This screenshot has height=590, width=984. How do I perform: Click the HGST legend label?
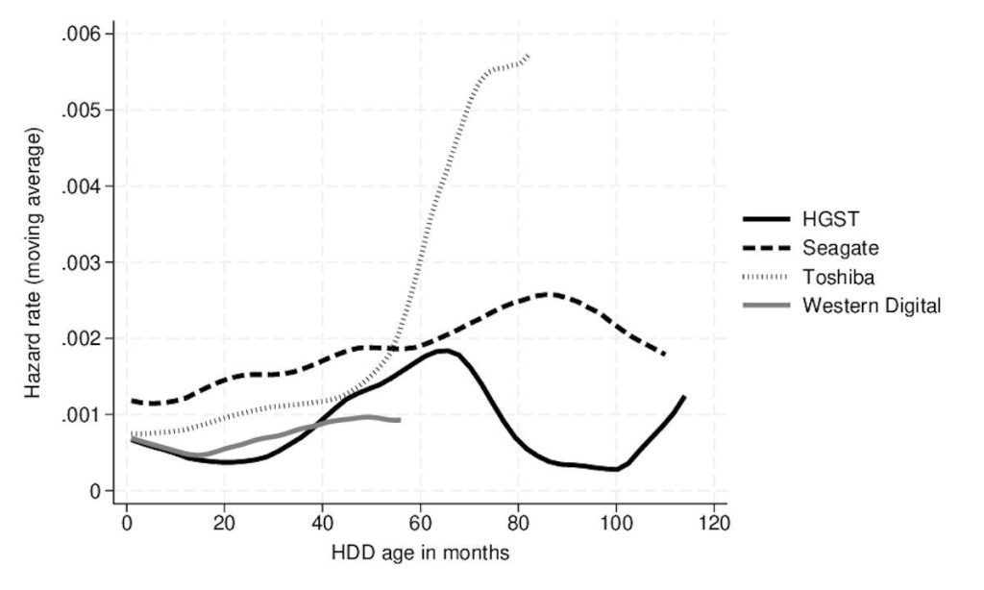(830, 219)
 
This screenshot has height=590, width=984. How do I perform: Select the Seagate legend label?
(840, 248)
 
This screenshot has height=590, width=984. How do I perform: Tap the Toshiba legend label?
(838, 277)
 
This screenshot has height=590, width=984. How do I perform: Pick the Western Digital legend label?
(872, 306)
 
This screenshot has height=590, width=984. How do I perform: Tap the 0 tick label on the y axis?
(95, 491)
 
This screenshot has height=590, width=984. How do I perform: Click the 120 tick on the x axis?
(714, 522)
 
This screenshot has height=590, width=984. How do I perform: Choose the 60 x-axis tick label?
(420, 522)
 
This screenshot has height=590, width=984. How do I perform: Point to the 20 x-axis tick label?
(224, 522)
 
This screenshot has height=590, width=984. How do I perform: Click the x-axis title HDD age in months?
(420, 553)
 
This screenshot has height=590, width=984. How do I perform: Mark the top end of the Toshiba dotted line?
(529, 55)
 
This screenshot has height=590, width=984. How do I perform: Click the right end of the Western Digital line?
(399, 420)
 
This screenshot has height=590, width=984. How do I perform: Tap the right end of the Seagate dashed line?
(665, 355)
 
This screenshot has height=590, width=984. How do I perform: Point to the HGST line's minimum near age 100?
(616, 469)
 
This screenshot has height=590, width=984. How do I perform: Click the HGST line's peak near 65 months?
(444, 351)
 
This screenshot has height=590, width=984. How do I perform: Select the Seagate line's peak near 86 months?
(548, 294)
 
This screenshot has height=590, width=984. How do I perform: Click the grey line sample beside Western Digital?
(766, 306)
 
